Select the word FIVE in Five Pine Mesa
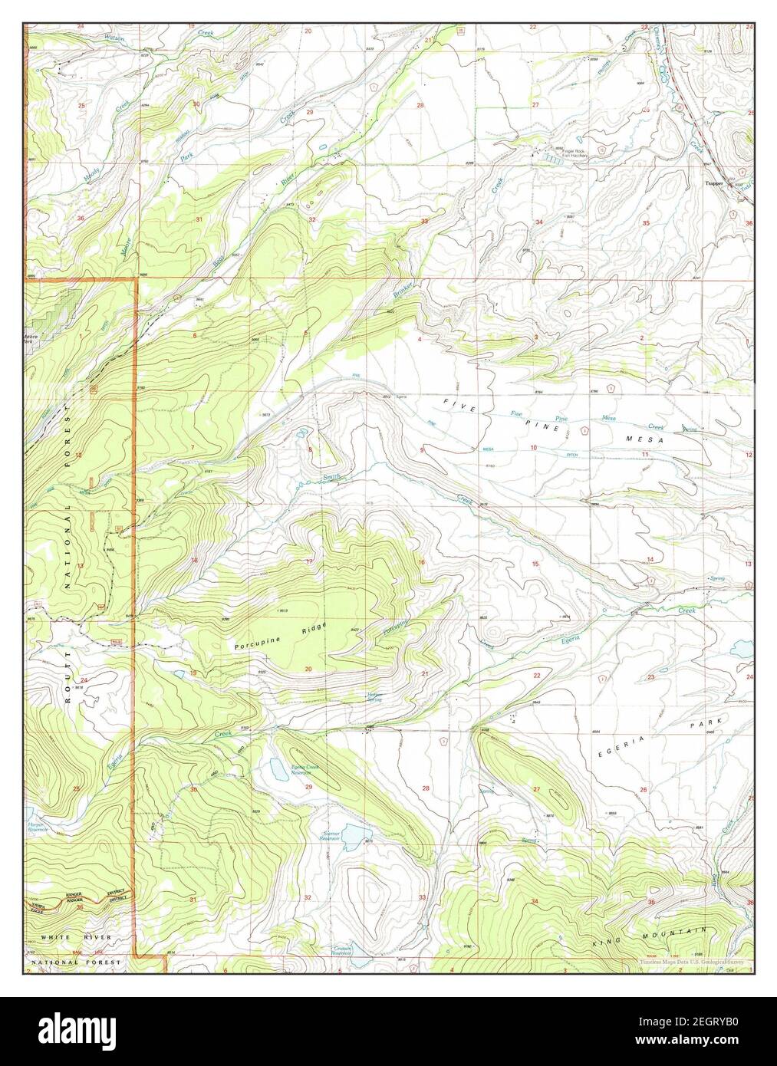[453, 402]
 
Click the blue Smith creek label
[331, 477]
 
